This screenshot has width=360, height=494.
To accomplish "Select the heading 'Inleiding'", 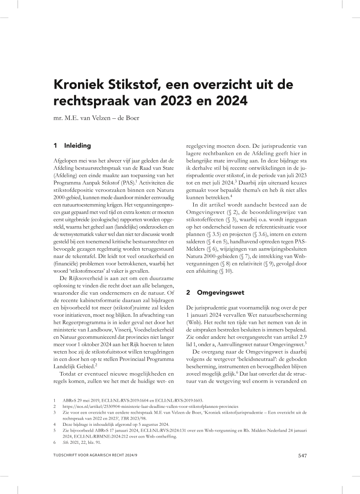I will pos(77,146).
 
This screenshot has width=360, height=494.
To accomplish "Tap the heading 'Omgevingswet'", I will pos(221,292).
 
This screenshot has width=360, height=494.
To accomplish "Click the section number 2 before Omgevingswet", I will pos(188,292).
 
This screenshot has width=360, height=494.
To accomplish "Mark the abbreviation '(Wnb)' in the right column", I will pos(195,321).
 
